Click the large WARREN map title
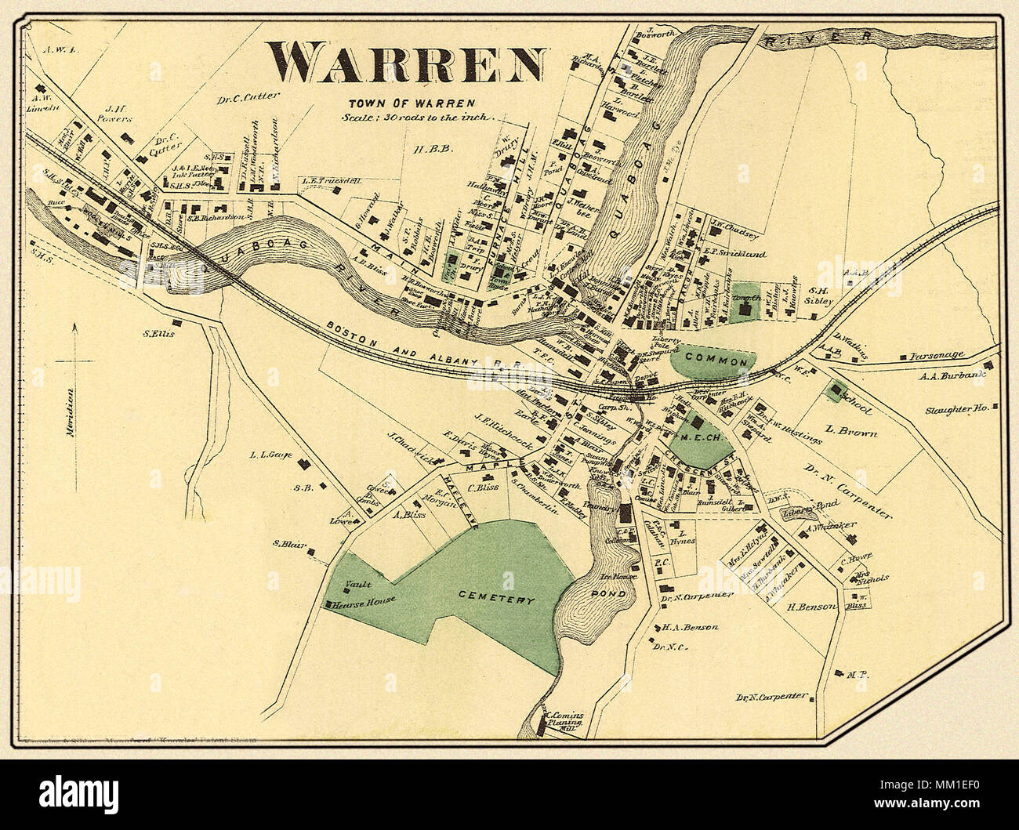pos(406,62)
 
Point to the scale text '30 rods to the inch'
pos(414,117)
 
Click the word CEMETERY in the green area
pos(496,600)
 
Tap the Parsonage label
pos(936,355)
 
